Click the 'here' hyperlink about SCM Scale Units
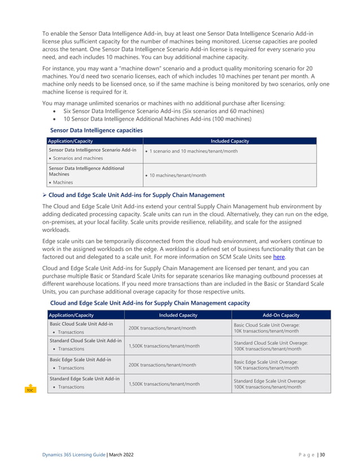(x=279, y=257)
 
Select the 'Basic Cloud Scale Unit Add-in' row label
(x=82, y=324)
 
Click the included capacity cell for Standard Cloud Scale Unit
(x=164, y=346)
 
